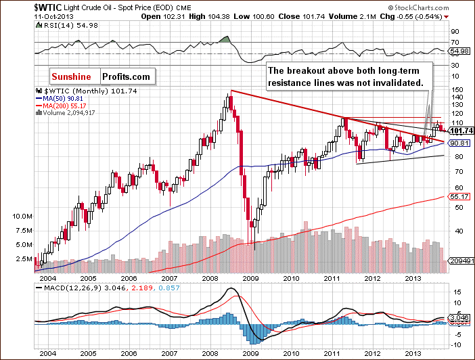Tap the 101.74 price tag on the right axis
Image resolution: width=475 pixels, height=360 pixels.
[461, 131]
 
